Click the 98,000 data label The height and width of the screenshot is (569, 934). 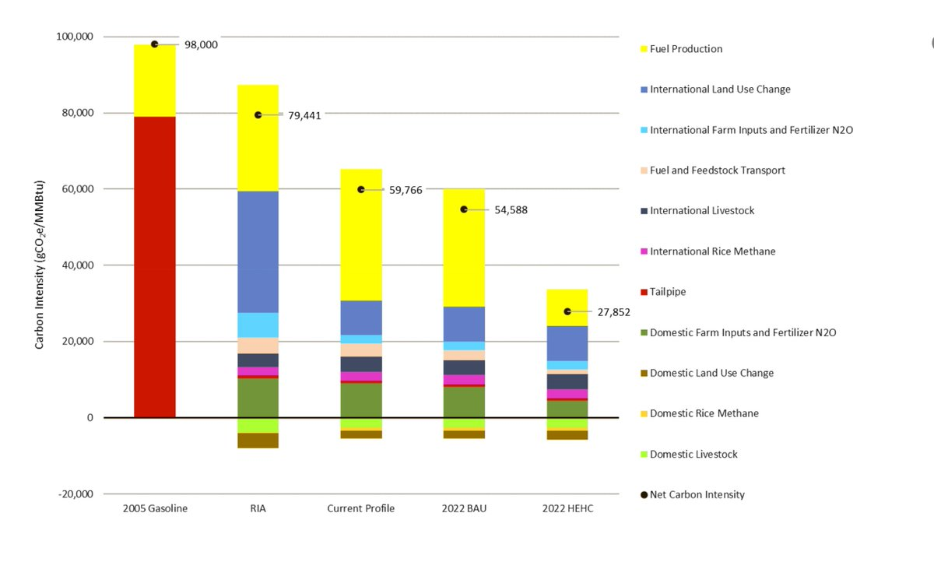click(201, 45)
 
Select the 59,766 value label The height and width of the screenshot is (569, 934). click(406, 190)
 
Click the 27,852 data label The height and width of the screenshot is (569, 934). click(613, 313)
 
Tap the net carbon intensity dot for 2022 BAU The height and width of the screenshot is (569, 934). click(464, 209)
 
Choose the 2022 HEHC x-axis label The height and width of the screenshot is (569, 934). click(567, 509)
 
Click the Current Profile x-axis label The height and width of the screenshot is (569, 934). click(360, 509)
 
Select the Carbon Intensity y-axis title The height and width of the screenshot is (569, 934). click(39, 265)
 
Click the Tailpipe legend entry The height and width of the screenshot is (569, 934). click(668, 292)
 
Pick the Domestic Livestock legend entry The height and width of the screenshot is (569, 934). click(693, 455)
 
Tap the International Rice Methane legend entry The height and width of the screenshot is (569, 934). click(712, 251)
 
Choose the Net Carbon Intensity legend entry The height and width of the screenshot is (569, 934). click(697, 495)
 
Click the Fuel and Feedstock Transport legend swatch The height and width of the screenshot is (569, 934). click(643, 170)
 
